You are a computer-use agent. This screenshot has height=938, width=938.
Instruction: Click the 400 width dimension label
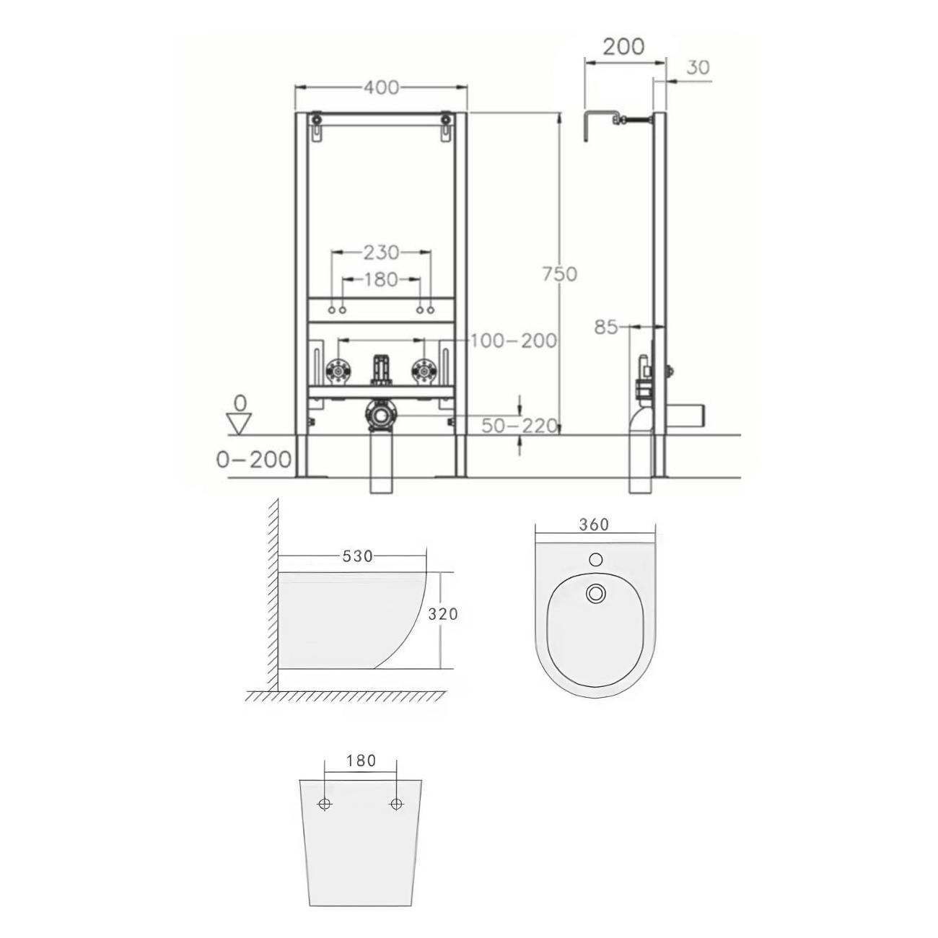[x=381, y=87]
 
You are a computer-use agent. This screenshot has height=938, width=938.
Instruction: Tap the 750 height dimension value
[x=560, y=274]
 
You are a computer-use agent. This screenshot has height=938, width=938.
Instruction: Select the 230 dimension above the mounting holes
[x=381, y=252]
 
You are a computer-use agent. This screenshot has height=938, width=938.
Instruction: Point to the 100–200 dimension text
[x=514, y=341]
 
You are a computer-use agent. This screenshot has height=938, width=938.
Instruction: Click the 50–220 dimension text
[x=520, y=426]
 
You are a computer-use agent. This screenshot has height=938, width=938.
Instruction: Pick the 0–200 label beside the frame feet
[x=253, y=459]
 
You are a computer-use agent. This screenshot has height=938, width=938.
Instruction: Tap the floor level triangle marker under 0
[x=239, y=423]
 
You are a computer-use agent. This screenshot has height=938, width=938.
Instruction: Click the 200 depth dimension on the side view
[x=623, y=47]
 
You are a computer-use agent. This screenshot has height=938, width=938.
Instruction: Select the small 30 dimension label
[x=698, y=68]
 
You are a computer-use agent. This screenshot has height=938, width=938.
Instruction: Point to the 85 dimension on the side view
[x=605, y=327]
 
